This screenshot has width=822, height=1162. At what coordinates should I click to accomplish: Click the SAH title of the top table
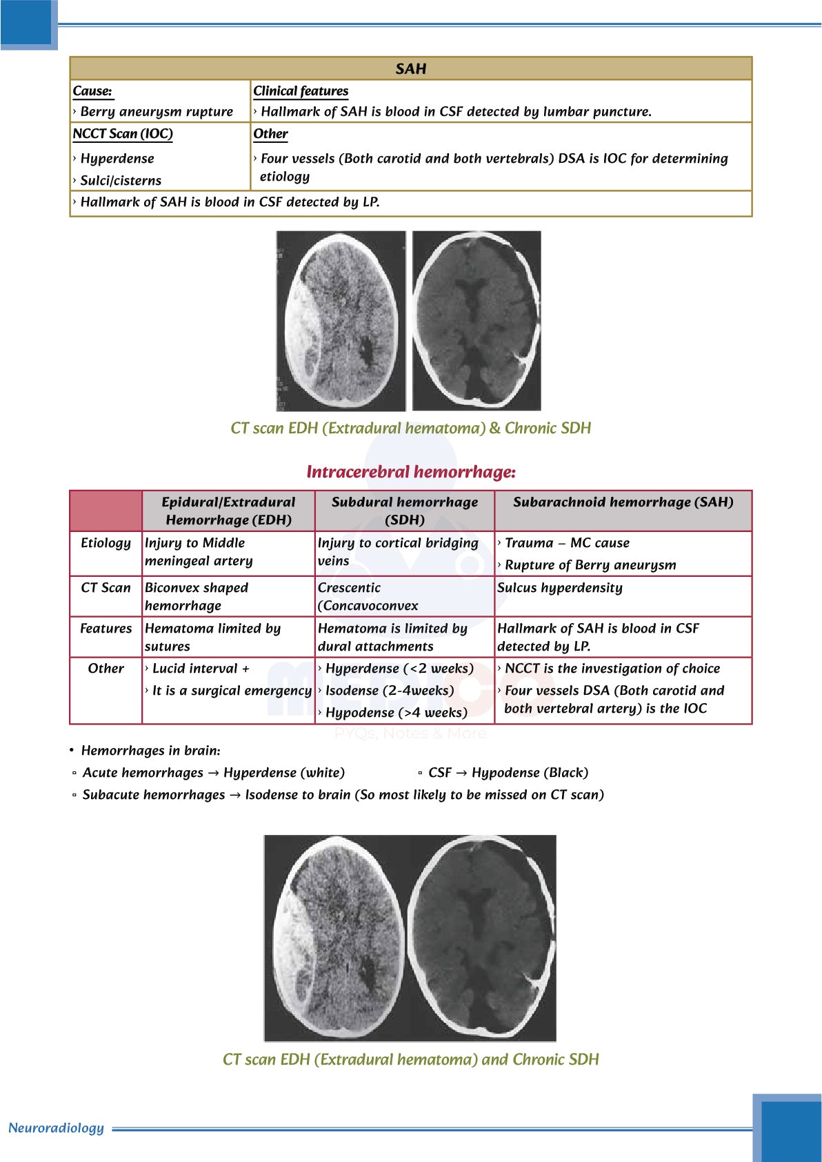point(411,69)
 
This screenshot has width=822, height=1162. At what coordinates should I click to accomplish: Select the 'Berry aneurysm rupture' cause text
point(157,112)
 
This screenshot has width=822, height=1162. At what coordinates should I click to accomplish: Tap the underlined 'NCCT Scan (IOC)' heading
point(123,134)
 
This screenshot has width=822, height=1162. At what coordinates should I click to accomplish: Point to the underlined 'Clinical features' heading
point(301,91)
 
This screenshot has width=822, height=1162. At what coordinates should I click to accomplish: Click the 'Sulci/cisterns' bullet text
point(121,181)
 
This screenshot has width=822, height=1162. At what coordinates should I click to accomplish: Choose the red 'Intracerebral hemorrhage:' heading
point(411,472)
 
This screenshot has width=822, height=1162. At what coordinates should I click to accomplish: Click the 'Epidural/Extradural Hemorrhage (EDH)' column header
point(228,511)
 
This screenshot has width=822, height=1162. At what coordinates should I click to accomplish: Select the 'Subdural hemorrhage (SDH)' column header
point(405,511)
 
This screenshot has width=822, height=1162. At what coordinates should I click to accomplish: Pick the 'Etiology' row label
point(106,543)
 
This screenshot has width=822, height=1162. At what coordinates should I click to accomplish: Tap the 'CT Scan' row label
point(106,588)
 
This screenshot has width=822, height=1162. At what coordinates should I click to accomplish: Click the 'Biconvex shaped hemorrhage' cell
point(197,596)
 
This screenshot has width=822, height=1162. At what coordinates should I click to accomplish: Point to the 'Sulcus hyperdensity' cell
point(560,588)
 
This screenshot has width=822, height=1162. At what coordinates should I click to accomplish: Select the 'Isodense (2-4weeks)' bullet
point(390,691)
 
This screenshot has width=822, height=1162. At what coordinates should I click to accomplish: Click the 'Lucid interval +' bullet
point(201,669)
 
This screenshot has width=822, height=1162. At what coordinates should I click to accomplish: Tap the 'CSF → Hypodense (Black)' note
point(508,773)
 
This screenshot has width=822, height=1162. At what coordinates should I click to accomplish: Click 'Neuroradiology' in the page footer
point(56,1128)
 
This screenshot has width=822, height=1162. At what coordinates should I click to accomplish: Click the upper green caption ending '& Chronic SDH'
point(411,429)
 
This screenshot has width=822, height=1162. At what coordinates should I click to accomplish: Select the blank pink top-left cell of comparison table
point(106,511)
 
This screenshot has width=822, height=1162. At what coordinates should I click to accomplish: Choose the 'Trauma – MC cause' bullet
point(567,543)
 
